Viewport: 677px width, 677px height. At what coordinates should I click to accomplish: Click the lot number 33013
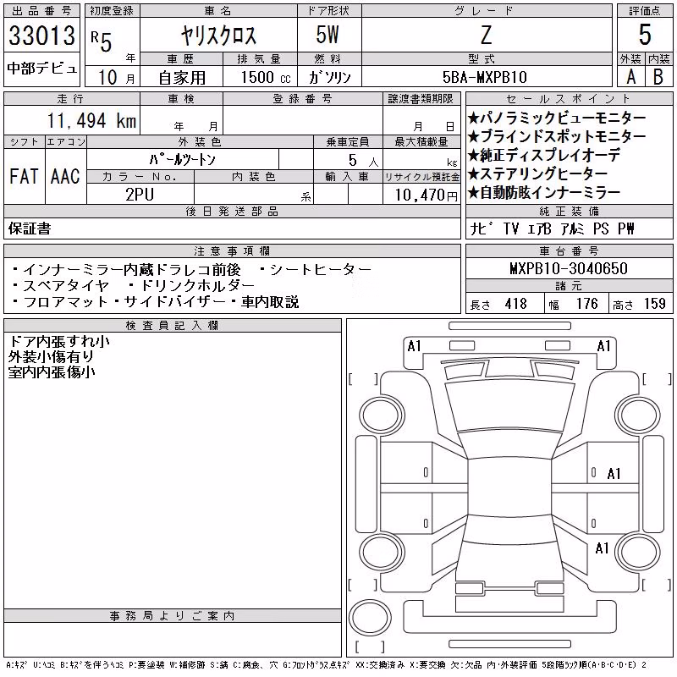click(41, 35)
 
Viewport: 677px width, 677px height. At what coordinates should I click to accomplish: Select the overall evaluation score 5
click(645, 35)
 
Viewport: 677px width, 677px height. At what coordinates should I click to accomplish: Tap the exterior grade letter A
click(630, 77)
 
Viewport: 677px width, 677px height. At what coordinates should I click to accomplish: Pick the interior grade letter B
click(658, 77)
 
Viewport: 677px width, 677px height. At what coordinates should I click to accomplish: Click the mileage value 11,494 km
click(91, 121)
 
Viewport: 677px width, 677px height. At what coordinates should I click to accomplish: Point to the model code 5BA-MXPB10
click(485, 77)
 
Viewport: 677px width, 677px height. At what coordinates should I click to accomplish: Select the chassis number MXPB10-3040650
click(569, 268)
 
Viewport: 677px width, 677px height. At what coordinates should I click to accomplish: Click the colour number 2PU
click(140, 195)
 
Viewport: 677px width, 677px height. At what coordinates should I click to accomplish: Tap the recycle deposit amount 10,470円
click(426, 195)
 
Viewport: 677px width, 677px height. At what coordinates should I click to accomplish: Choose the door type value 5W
click(327, 35)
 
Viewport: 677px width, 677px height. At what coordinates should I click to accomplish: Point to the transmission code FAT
click(24, 176)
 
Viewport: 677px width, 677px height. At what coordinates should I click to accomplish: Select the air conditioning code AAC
click(65, 176)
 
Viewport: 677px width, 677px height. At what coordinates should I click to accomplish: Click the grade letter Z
click(486, 35)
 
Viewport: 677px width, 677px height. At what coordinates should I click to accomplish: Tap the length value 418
click(516, 304)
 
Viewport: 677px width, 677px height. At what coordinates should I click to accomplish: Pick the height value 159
click(655, 304)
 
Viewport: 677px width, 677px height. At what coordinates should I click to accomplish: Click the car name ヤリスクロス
click(218, 35)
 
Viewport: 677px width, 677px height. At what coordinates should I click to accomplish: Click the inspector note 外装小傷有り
click(51, 356)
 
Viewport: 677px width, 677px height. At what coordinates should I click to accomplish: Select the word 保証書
click(30, 228)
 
